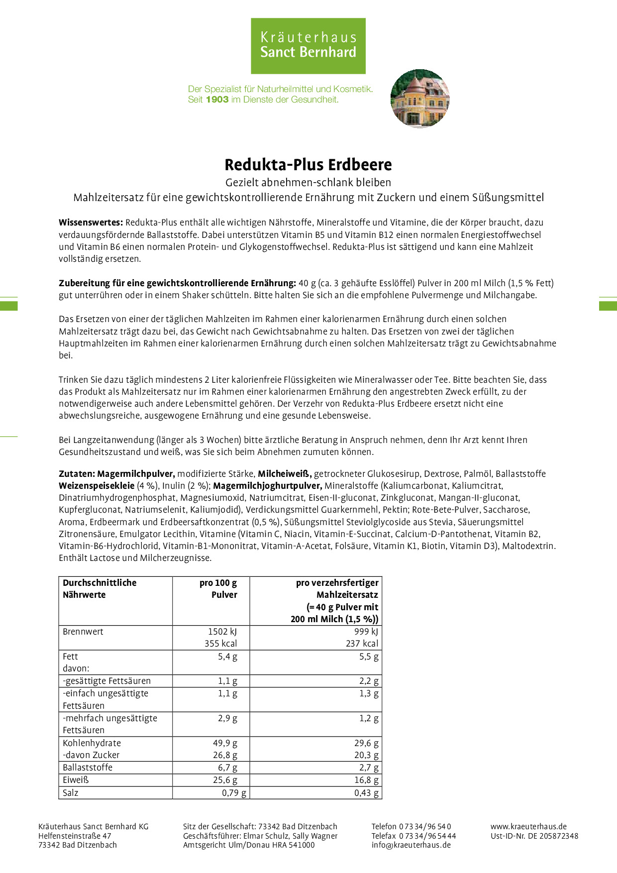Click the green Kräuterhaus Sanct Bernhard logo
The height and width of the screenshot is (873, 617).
tap(308, 46)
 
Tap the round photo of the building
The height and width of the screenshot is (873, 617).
tap(420, 99)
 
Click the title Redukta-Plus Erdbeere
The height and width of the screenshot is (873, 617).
tap(308, 165)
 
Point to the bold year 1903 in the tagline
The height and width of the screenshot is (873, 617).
tap(217, 100)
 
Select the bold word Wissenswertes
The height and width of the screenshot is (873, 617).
tap(91, 222)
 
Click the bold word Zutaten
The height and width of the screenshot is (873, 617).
tap(77, 474)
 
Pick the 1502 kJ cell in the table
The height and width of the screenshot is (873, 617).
tap(222, 632)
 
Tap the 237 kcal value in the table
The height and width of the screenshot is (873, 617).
tap(362, 644)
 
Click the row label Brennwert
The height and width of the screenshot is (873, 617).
tap(83, 632)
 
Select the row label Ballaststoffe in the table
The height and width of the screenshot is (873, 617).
tap(88, 767)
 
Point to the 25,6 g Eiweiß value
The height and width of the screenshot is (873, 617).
tap(225, 780)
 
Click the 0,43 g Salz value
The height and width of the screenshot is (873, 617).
tap(366, 793)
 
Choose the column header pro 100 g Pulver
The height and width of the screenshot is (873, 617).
tap(218, 589)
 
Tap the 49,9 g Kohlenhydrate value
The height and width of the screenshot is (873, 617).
tap(225, 743)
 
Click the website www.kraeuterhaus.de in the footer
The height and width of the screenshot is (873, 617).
tap(528, 827)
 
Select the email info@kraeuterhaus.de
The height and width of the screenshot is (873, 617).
tap(411, 845)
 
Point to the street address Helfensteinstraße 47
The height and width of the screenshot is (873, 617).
tap(75, 836)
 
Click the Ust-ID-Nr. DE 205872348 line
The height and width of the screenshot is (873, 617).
tap(534, 836)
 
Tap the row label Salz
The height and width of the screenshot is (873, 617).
tap(71, 793)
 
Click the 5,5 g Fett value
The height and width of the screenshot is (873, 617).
tap(369, 656)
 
